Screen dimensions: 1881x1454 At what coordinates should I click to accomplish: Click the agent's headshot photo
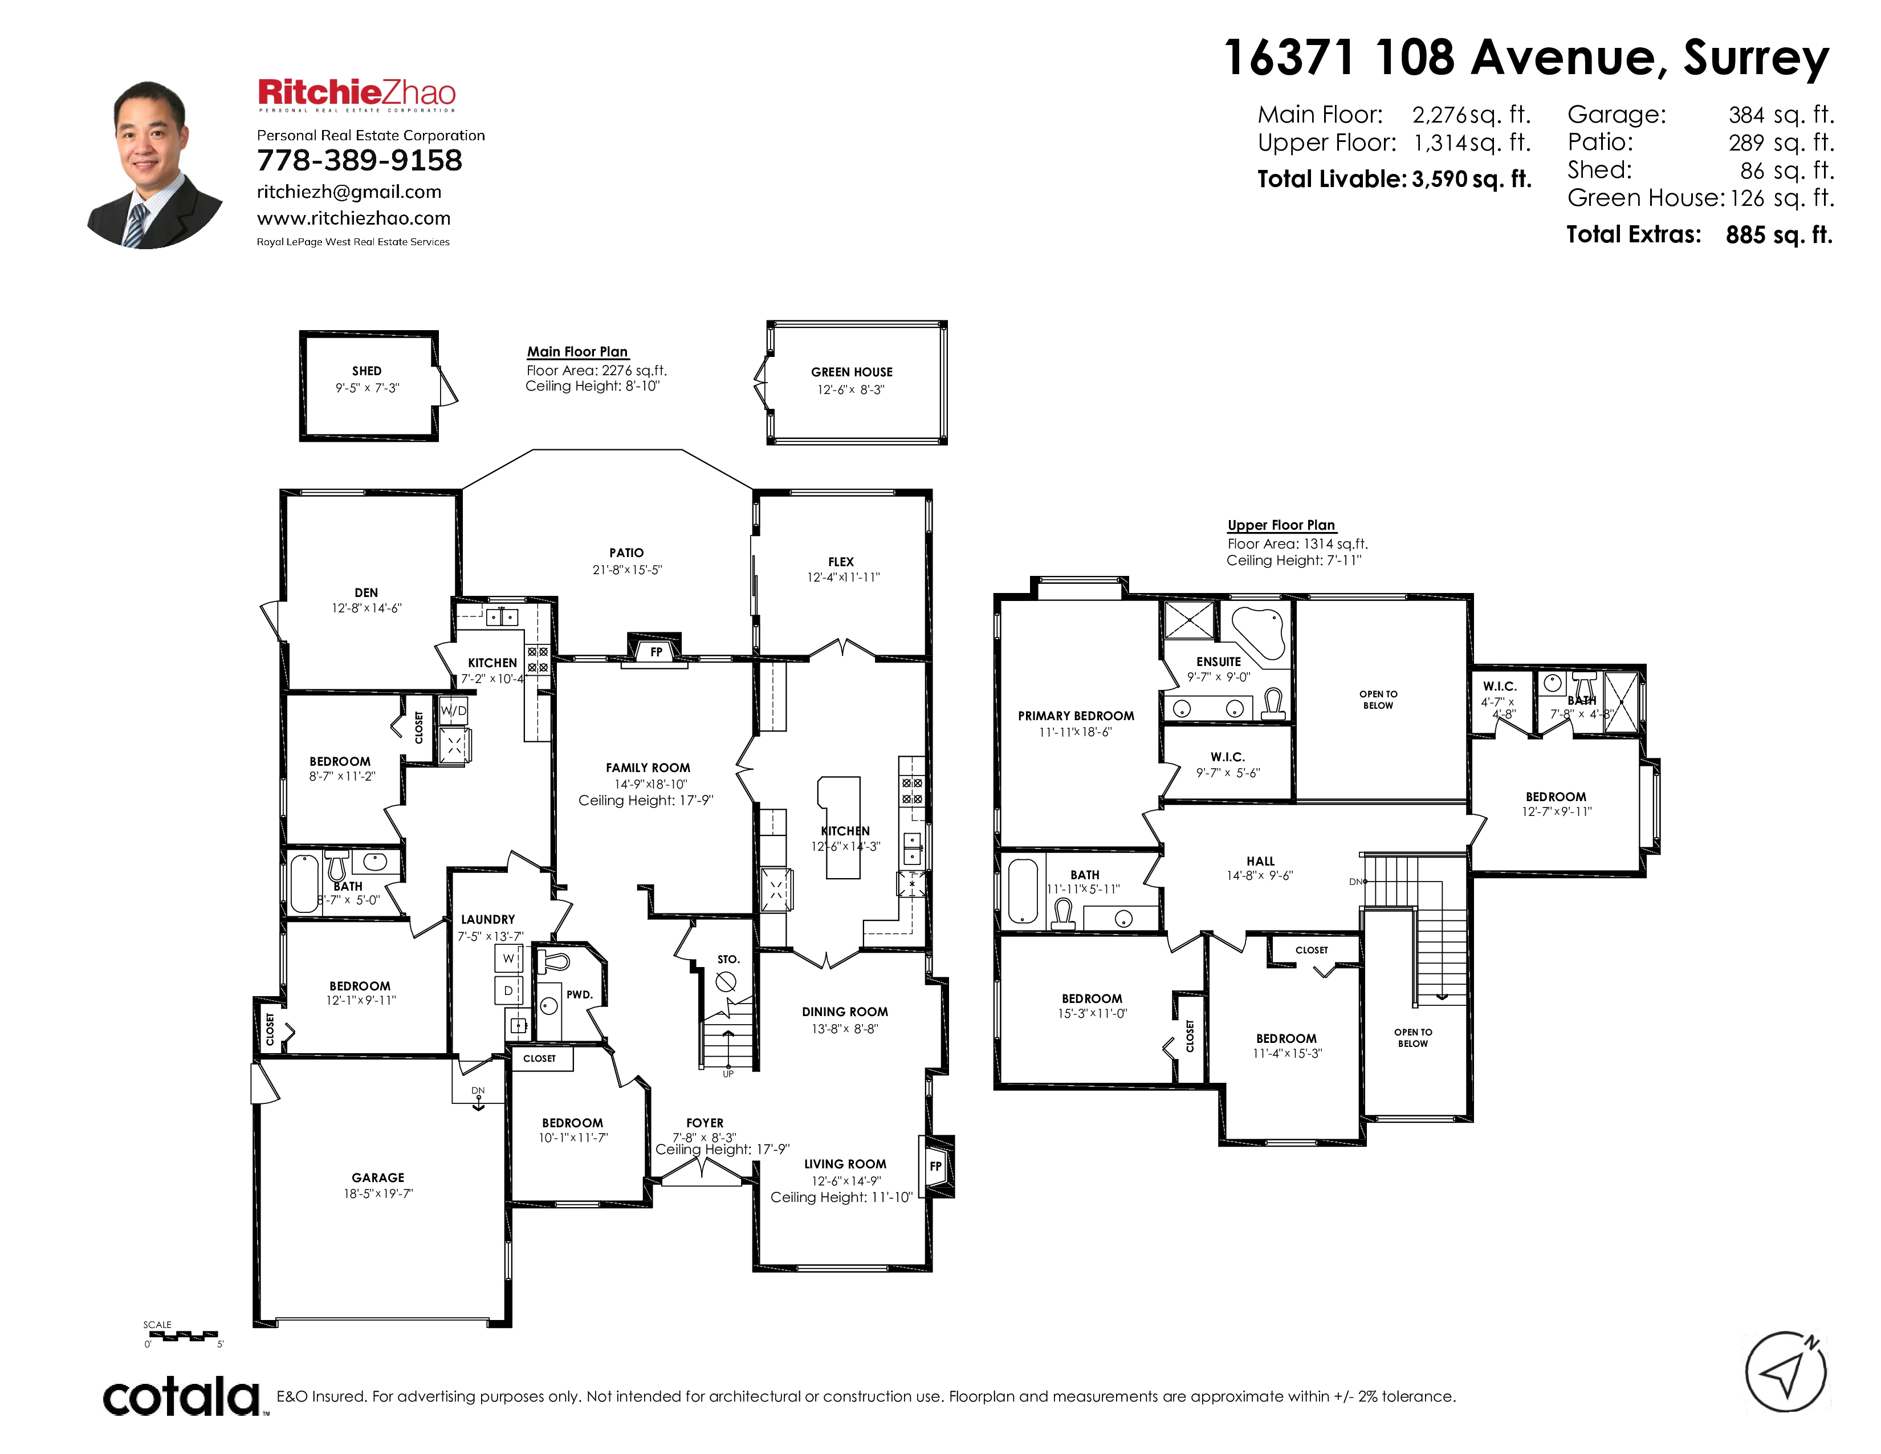point(155,165)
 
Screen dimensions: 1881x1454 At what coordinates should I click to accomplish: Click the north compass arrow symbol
point(1787,1372)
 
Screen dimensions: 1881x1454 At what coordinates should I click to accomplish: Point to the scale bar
point(182,1335)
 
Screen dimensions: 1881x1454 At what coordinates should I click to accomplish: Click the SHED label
point(367,371)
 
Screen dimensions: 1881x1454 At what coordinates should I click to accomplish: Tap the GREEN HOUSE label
point(852,372)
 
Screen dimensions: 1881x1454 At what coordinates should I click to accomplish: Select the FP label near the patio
point(656,652)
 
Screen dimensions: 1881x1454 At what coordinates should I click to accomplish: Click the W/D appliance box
point(453,710)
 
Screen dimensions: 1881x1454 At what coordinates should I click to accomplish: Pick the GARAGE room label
point(378,1177)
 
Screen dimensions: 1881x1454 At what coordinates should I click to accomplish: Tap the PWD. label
point(580,994)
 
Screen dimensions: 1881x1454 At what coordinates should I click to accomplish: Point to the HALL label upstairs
point(1260,862)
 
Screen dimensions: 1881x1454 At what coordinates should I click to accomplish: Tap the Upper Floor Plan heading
point(1281,526)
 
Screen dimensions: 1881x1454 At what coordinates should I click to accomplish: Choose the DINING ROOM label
point(845,1012)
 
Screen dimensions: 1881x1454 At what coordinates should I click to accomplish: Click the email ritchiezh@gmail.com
point(349,192)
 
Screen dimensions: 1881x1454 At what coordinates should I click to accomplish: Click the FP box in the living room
point(935,1166)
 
